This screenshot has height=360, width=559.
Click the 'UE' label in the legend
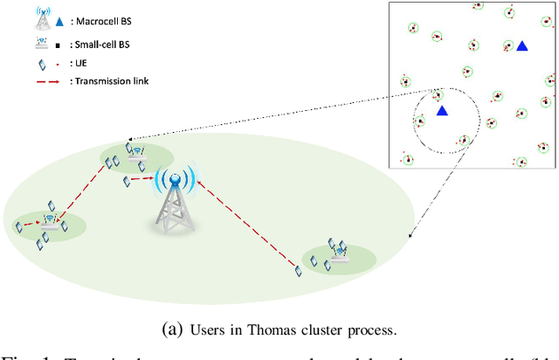coord(77,62)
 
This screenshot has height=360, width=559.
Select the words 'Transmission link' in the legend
coord(109,81)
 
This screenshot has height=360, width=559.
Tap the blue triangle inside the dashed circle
coord(442,111)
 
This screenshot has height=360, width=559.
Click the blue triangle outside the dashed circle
coord(521,45)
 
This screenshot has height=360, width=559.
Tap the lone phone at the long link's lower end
coord(298,273)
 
